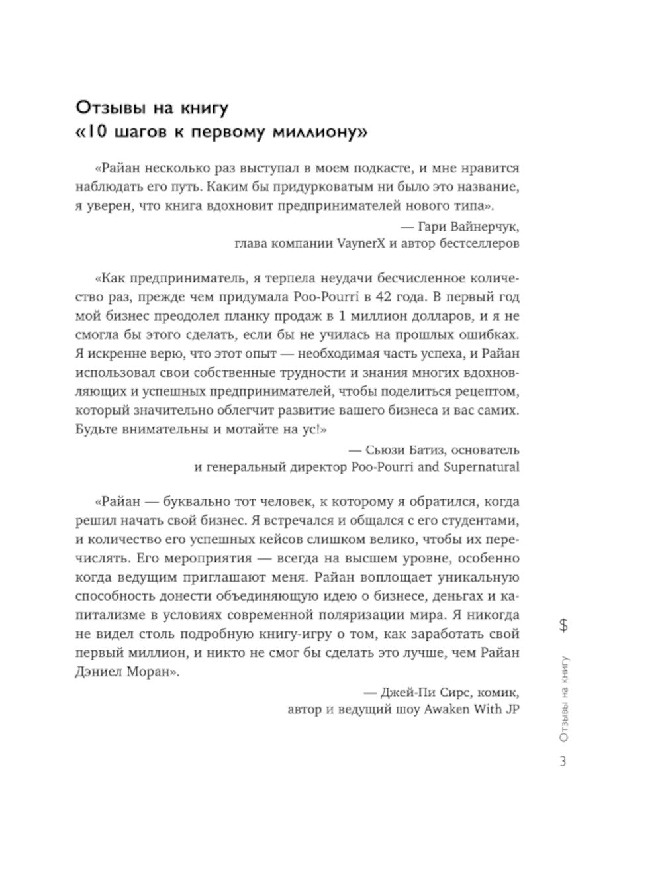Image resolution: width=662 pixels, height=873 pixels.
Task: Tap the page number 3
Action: [563, 762]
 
